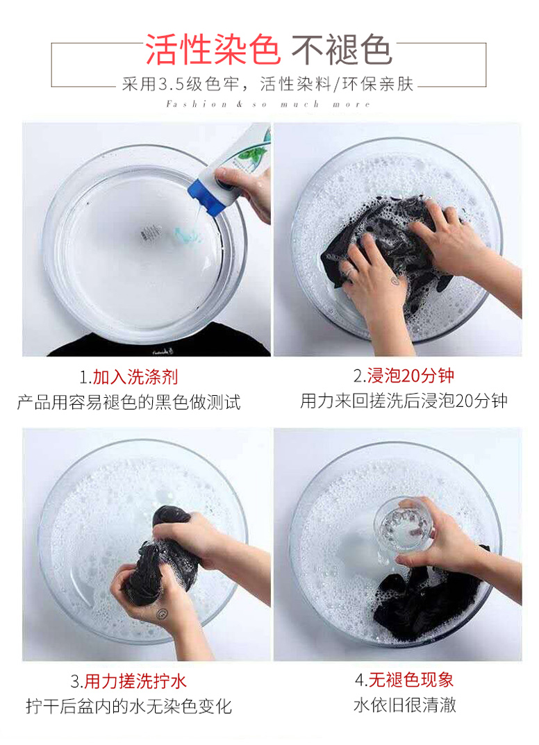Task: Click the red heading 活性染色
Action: tap(213, 49)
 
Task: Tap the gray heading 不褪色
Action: tap(342, 49)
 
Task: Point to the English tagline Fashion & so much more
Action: tap(268, 104)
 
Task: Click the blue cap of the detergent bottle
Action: tap(206, 195)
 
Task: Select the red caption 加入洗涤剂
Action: tap(135, 377)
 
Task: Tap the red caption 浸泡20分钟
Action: tap(411, 376)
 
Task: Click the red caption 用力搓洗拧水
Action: tap(135, 681)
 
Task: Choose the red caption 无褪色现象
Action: tap(411, 680)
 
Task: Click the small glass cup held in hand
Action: tap(404, 526)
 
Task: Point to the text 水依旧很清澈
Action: tap(405, 705)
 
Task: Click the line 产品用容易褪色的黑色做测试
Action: tap(128, 402)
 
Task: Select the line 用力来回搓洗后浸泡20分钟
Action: tap(404, 401)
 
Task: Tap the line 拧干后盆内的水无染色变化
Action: tap(128, 706)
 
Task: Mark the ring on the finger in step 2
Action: tap(349, 271)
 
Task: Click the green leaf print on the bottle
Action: tap(253, 152)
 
